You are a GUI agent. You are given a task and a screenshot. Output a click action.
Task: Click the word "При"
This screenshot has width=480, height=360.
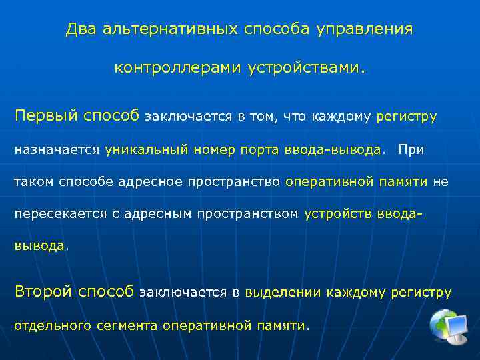point(411,149)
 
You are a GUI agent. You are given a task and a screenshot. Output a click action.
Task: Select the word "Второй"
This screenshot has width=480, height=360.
point(44,291)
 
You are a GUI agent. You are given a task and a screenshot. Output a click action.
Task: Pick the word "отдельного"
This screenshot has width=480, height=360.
point(53,325)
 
